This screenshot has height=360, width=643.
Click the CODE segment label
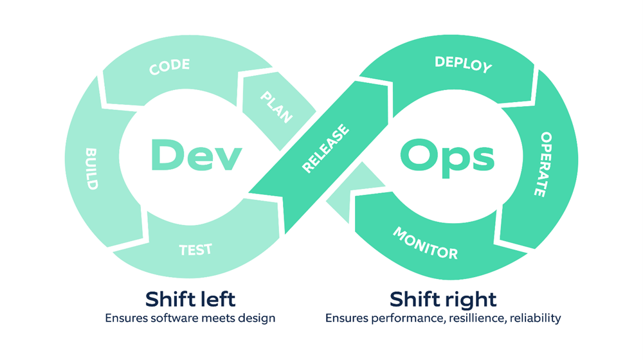tap(170, 67)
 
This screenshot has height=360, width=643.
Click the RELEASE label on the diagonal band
tap(326, 149)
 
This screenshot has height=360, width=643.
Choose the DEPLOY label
tap(463, 64)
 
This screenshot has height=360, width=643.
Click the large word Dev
tap(192, 154)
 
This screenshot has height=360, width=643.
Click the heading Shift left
tap(190, 299)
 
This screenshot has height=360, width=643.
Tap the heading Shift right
tap(443, 299)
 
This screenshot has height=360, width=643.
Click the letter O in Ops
tap(419, 154)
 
